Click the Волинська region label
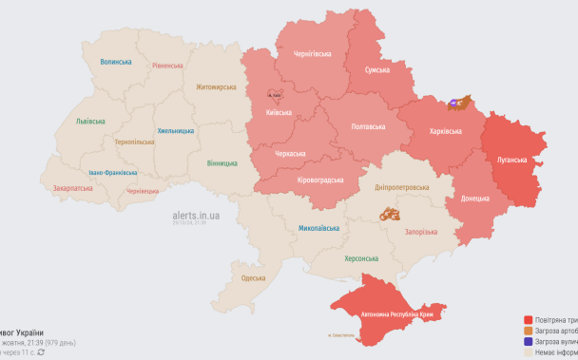click(x=116, y=62)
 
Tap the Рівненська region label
click(x=167, y=66)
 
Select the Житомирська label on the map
click(x=216, y=86)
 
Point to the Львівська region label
click(x=91, y=122)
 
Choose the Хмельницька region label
click(x=175, y=130)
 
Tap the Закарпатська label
click(x=72, y=188)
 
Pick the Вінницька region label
click(x=222, y=163)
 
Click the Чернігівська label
click(x=309, y=53)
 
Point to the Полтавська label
click(x=368, y=126)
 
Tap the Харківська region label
click(x=445, y=131)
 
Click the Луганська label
click(x=511, y=160)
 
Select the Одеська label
click(x=253, y=277)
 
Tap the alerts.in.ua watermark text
click(x=196, y=216)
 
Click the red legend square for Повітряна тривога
click(x=528, y=320)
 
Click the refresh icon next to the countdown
click(x=41, y=352)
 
